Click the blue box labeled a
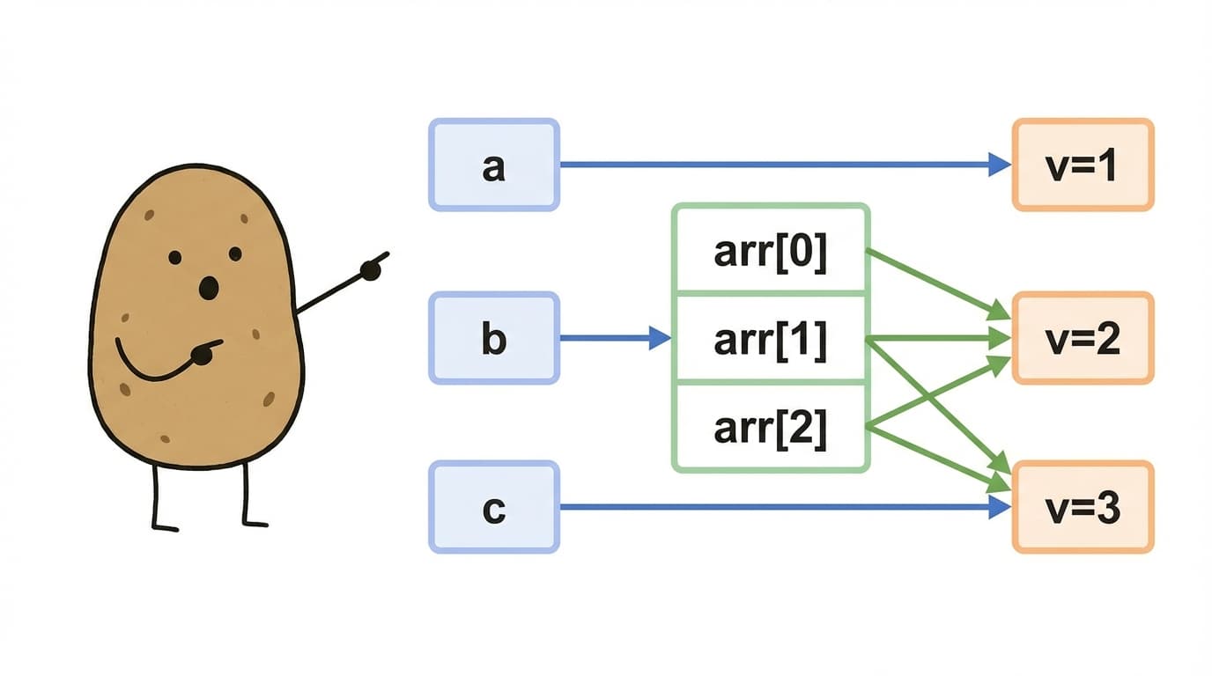point(494,165)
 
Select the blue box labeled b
point(494,338)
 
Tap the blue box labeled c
point(494,507)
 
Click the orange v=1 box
point(1083,165)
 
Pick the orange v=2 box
point(1083,338)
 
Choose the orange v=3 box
point(1083,507)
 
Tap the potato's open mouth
point(208,288)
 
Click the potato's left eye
point(174,258)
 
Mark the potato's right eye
point(235,254)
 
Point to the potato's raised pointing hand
point(373,268)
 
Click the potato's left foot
point(166,527)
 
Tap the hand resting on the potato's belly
point(204,354)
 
